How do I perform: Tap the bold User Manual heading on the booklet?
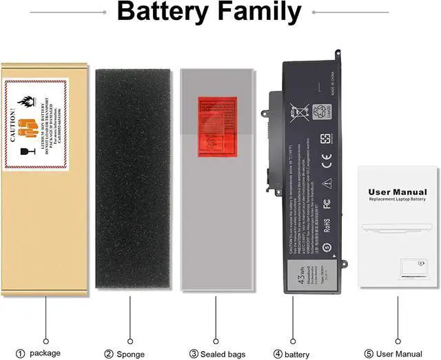[398, 193]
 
